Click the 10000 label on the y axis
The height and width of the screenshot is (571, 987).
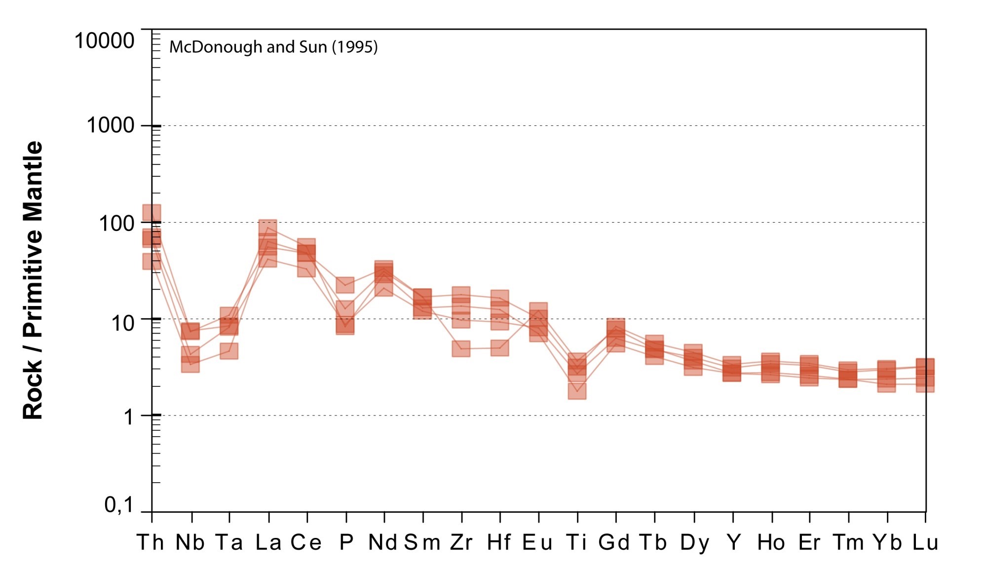(104, 40)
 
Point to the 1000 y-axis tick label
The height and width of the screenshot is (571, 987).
(110, 125)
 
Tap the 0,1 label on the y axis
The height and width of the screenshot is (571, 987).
(119, 505)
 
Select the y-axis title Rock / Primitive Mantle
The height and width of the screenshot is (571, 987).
(33, 280)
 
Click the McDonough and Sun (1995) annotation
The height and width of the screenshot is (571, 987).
(273, 47)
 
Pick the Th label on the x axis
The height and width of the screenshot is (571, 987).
(150, 542)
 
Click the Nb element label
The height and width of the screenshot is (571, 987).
(190, 542)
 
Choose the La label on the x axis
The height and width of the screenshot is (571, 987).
(268, 542)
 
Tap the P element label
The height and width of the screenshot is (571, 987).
(346, 542)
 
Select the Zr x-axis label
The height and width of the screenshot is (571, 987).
(461, 542)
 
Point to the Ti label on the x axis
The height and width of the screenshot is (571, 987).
(576, 542)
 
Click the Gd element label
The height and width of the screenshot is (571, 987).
(614, 542)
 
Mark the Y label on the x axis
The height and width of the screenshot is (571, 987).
(733, 542)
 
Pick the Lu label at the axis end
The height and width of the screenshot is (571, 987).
(925, 542)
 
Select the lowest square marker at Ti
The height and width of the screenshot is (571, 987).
(577, 390)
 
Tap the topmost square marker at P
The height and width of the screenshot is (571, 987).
(345, 285)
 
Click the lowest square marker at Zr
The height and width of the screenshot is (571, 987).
(461, 348)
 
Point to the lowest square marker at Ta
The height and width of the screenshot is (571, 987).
(229, 351)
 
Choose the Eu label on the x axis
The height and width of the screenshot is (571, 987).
(537, 542)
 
